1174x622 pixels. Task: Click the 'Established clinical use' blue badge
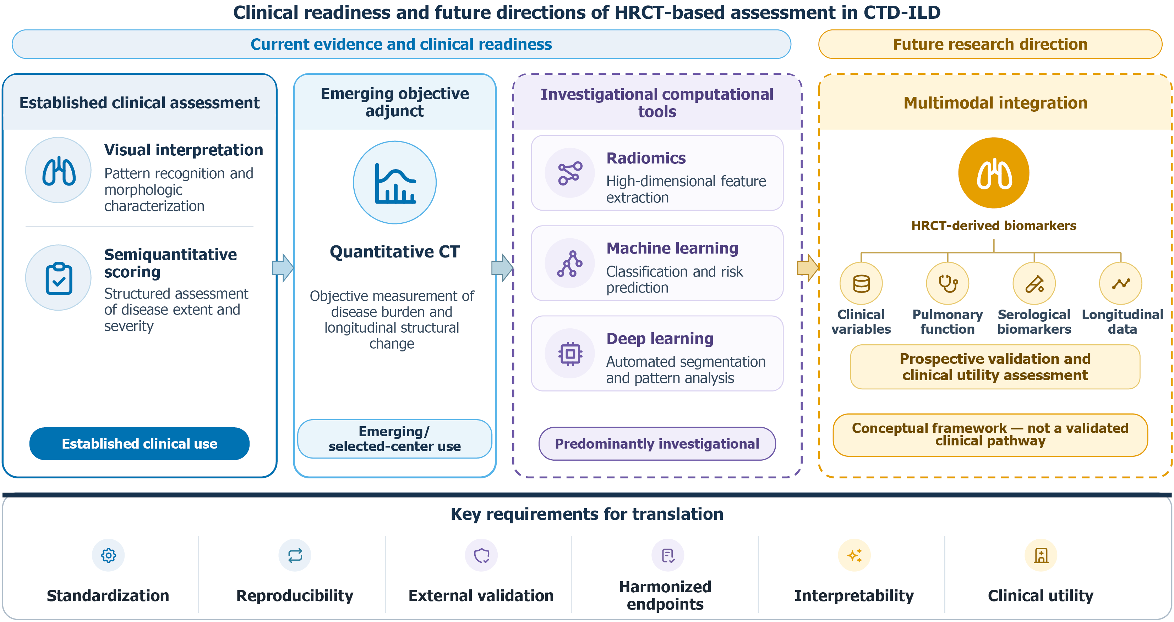pos(140,444)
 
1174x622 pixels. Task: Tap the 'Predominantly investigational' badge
pos(657,444)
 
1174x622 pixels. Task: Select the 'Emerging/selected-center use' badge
pos(395,439)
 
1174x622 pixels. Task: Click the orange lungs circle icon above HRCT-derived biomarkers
pos(994,173)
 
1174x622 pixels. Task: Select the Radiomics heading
pos(646,158)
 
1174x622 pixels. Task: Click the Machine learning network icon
pos(570,263)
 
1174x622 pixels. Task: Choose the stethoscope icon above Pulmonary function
pos(948,283)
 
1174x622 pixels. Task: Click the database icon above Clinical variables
pos(861,283)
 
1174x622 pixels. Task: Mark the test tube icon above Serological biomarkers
pos(1034,283)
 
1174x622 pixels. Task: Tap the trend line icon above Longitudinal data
pos(1121,283)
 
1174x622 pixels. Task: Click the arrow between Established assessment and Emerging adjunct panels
pos(283,268)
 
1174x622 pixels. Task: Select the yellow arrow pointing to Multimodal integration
pos(808,268)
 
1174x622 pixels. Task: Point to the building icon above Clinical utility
pos(1041,555)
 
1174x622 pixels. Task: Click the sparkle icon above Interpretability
pos(854,555)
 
